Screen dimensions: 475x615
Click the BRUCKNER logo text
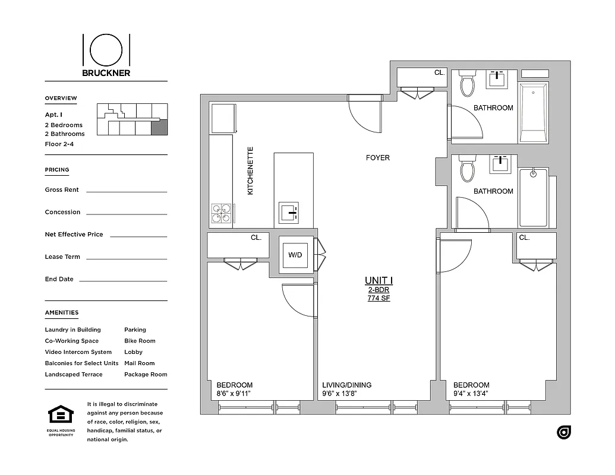point(106,73)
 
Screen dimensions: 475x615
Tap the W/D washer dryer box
point(295,255)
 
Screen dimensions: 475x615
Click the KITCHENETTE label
point(250,171)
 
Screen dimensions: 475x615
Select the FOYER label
point(377,158)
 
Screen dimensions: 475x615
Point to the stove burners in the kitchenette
point(222,213)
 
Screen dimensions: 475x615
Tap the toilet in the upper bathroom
point(467,84)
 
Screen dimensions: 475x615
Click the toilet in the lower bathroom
point(467,169)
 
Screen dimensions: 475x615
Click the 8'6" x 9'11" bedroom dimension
point(235,393)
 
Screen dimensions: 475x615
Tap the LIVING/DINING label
point(346,385)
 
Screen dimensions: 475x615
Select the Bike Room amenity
point(140,341)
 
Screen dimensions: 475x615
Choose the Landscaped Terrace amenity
point(74,375)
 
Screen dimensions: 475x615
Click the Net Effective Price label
point(74,235)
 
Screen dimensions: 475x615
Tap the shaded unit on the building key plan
point(160,128)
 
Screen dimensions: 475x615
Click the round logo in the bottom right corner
point(564,432)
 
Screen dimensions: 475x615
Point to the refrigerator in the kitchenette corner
point(223,118)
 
